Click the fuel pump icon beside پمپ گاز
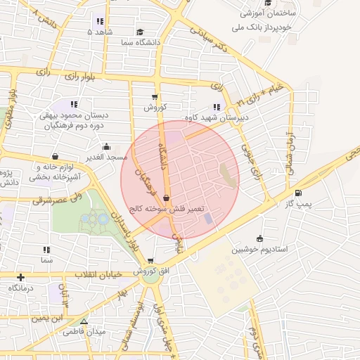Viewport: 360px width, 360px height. tap(299, 193)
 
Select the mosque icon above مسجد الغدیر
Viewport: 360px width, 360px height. tap(106, 146)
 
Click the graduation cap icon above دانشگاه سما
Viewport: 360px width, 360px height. tap(140, 32)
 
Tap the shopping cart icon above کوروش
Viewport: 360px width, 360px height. tap(155, 98)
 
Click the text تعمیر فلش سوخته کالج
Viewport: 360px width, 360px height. tap(167, 210)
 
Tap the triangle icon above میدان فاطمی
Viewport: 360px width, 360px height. tap(84, 321)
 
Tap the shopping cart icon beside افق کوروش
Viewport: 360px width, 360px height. tap(150, 261)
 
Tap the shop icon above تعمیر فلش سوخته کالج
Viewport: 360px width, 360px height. tap(166, 198)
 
